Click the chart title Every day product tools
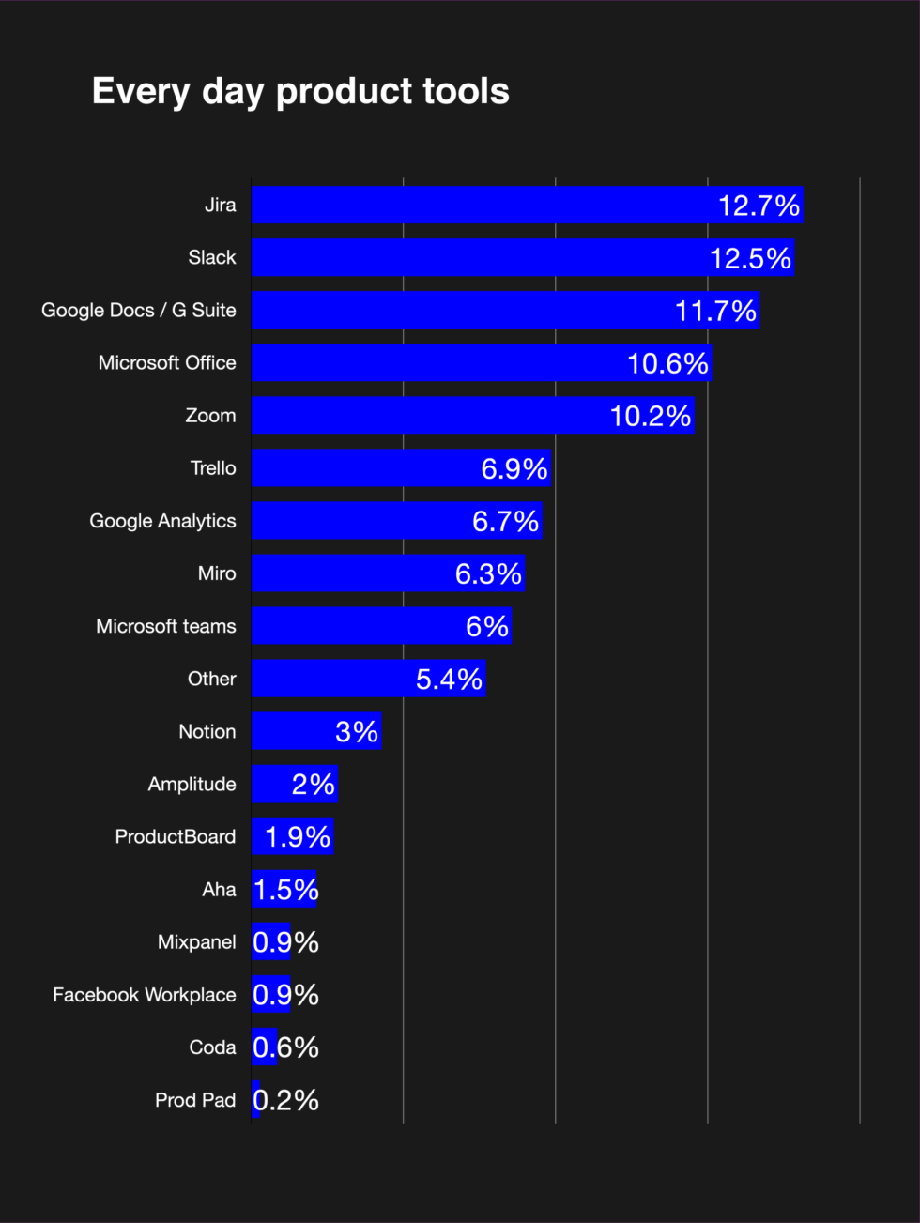[x=300, y=92]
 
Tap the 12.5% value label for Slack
[x=750, y=258]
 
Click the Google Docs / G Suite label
[x=139, y=311]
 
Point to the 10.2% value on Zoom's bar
[x=651, y=416]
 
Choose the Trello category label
[x=213, y=468]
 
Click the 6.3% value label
[x=488, y=573]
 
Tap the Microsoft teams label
[x=166, y=626]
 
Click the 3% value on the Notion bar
[x=357, y=731]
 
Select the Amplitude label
[x=192, y=784]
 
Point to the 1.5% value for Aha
[x=286, y=890]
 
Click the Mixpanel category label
[x=196, y=942]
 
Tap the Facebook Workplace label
[x=145, y=995]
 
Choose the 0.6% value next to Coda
[x=286, y=1047]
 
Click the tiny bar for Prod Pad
[x=255, y=1100]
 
